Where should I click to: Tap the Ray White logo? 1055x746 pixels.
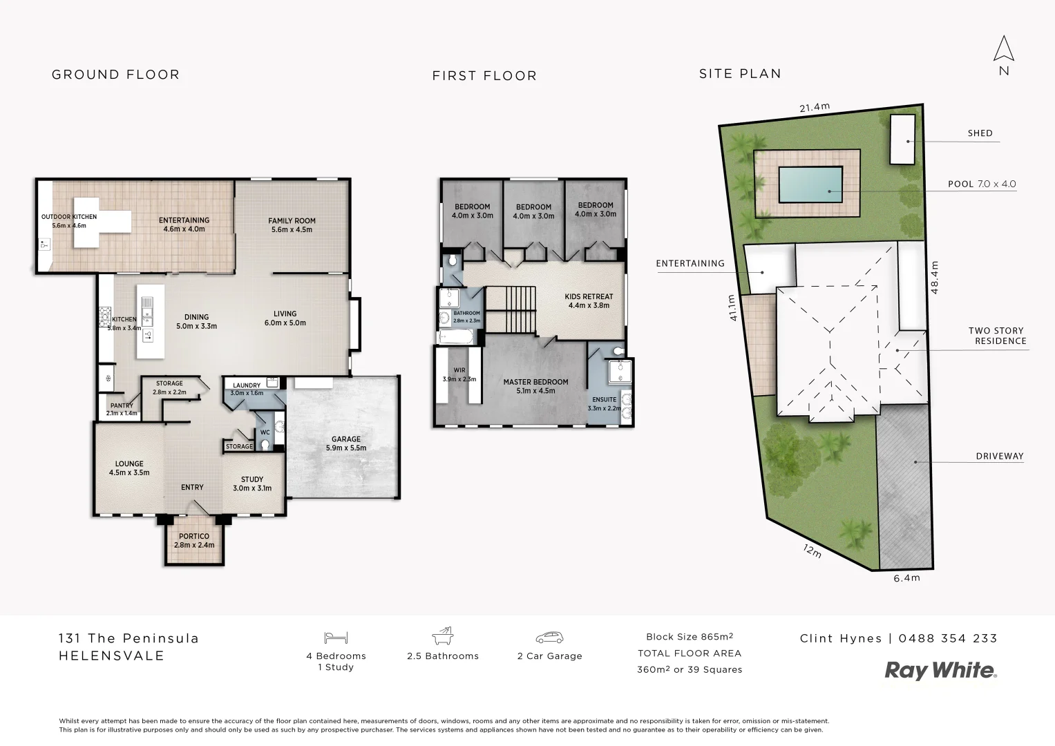coord(941,670)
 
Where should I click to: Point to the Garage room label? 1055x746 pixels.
coord(345,443)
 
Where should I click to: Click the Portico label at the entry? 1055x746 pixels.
coord(193,540)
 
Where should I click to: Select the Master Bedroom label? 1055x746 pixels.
coord(535,386)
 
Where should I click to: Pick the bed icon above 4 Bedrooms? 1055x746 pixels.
coord(336,638)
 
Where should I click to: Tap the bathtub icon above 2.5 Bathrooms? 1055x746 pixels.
coord(442,635)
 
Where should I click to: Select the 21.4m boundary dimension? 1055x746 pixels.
coord(814,107)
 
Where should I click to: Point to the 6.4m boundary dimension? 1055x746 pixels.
coord(906,578)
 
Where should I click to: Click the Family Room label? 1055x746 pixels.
coord(292,225)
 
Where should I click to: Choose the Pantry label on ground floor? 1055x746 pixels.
coord(122,410)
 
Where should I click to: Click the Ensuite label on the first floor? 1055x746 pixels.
coord(604,403)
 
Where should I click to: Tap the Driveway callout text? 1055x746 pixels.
coord(999,456)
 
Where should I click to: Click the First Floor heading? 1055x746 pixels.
coord(484,75)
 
